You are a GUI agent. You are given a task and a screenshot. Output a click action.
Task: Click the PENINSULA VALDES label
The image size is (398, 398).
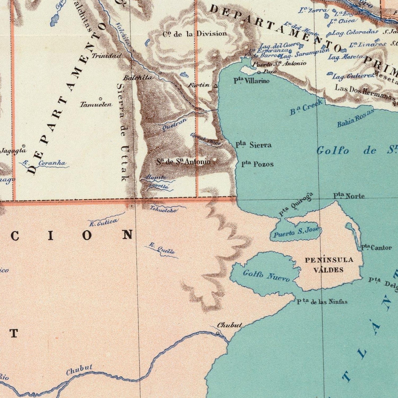click(329, 265)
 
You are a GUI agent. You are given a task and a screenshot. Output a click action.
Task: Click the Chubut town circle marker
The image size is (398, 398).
click(218, 333)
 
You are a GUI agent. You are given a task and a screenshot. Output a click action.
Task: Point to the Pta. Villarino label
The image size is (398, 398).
click(251, 81)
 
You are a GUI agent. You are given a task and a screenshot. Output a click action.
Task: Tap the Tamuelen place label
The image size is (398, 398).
click(96, 104)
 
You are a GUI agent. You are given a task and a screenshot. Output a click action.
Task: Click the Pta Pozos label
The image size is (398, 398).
click(257, 164)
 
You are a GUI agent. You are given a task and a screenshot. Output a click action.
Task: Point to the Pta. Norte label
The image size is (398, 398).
click(349, 196)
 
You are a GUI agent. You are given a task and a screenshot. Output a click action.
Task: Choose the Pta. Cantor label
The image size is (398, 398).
click(376, 248)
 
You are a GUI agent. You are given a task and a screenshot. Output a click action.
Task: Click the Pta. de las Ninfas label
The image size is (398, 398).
click(322, 302)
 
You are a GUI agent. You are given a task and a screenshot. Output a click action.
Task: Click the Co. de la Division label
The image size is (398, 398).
click(195, 34)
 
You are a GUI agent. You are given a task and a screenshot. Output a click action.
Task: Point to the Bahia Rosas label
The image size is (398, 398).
click(355, 118)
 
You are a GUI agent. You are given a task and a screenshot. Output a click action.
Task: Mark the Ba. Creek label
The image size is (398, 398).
click(306, 107)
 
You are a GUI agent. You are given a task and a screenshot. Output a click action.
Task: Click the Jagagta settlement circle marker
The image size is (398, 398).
click(24, 146)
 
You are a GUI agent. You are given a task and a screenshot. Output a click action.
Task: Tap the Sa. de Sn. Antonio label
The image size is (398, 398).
click(183, 162)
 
